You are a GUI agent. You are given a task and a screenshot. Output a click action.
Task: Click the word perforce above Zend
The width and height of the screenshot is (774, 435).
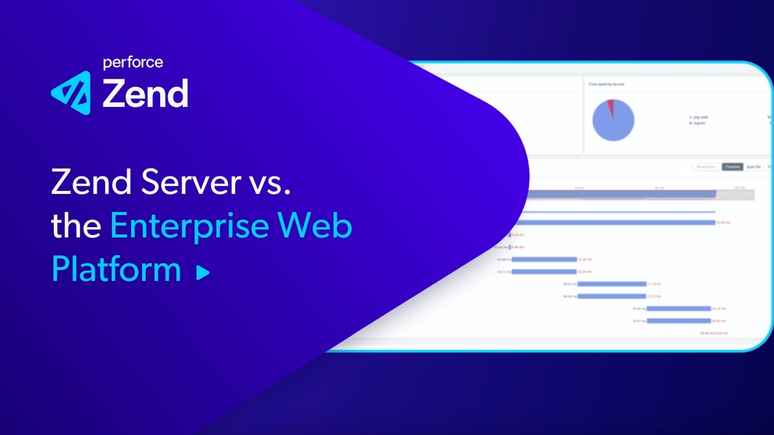click(132, 62)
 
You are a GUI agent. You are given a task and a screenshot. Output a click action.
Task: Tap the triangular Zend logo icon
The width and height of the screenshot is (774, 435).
click(71, 92)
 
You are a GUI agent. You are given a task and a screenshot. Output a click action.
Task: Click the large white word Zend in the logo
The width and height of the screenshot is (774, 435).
click(145, 94)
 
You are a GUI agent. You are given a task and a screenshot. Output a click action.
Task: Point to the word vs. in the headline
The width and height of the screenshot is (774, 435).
click(270, 181)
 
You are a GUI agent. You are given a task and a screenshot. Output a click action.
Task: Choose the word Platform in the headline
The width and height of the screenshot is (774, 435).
click(116, 269)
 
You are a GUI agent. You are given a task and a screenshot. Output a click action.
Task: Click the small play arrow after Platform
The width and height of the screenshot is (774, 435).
click(203, 273)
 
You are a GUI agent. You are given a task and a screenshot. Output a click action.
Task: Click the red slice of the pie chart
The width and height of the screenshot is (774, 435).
click(610, 106)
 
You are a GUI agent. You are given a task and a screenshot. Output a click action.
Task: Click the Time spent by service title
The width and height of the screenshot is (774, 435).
click(607, 84)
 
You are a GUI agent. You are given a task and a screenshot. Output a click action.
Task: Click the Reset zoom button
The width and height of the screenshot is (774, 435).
click(706, 166)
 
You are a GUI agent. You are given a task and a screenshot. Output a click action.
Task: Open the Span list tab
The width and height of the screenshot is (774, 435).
click(753, 166)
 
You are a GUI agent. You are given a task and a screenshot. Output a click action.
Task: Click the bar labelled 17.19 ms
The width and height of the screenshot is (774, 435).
click(612, 283)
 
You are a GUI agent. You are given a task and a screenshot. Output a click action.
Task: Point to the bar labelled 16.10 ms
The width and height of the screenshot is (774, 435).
click(678, 308)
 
